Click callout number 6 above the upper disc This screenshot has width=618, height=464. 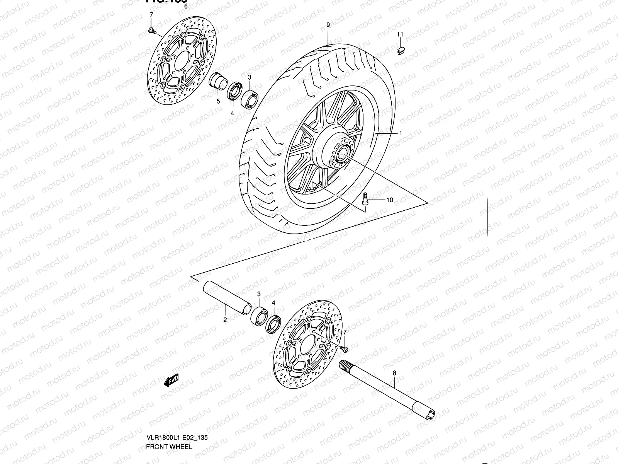coord(186,7)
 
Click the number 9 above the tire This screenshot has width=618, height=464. coord(328,25)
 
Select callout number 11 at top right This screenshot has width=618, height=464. coord(400,34)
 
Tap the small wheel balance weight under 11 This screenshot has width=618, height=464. coord(401,50)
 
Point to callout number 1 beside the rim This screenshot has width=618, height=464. coord(401,133)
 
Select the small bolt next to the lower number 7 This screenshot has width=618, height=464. coord(345,349)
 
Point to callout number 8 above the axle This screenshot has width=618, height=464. coord(394,373)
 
